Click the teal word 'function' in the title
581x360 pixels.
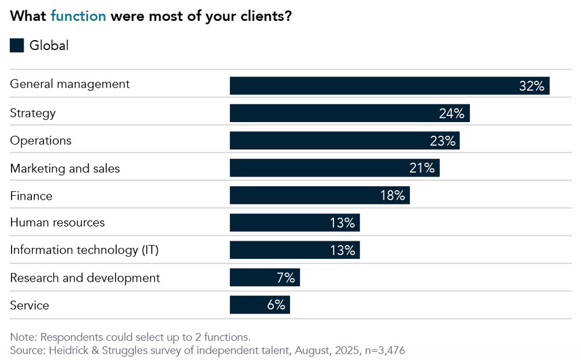[x=78, y=16]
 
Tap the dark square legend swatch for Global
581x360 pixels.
[x=17, y=45]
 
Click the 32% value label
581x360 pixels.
[x=532, y=86]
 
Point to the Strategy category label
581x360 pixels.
[x=33, y=113]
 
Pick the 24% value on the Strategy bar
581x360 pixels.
[x=451, y=113]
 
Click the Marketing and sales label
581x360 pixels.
[x=65, y=168]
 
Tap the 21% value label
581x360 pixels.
[x=422, y=168]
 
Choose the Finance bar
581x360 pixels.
[x=320, y=196]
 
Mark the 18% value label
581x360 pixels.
[x=392, y=196]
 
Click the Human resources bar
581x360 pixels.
[x=295, y=223]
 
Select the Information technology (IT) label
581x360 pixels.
[x=84, y=250]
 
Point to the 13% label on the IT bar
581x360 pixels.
[x=342, y=250]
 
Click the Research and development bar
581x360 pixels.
[x=264, y=278]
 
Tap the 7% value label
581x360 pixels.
[x=286, y=278]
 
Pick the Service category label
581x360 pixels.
[x=30, y=305]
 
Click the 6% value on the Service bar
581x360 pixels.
[x=276, y=305]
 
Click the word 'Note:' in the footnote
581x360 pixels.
[x=24, y=337]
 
